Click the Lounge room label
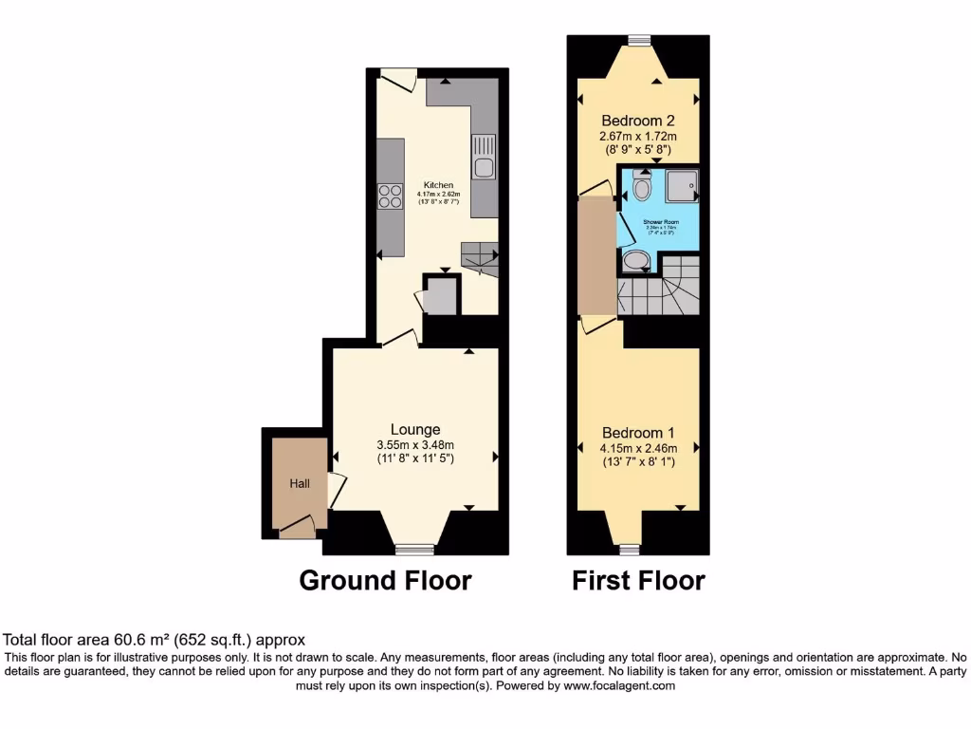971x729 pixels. tap(414, 429)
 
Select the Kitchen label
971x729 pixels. tap(438, 185)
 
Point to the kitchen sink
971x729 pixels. tap(483, 159)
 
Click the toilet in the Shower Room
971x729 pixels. tap(642, 189)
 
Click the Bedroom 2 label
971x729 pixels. tap(638, 121)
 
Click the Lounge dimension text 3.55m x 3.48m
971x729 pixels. tap(414, 445)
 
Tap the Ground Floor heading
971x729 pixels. tap(385, 580)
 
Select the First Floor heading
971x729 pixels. tap(638, 580)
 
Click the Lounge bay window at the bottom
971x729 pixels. tap(414, 549)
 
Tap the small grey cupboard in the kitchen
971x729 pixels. tap(439, 296)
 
